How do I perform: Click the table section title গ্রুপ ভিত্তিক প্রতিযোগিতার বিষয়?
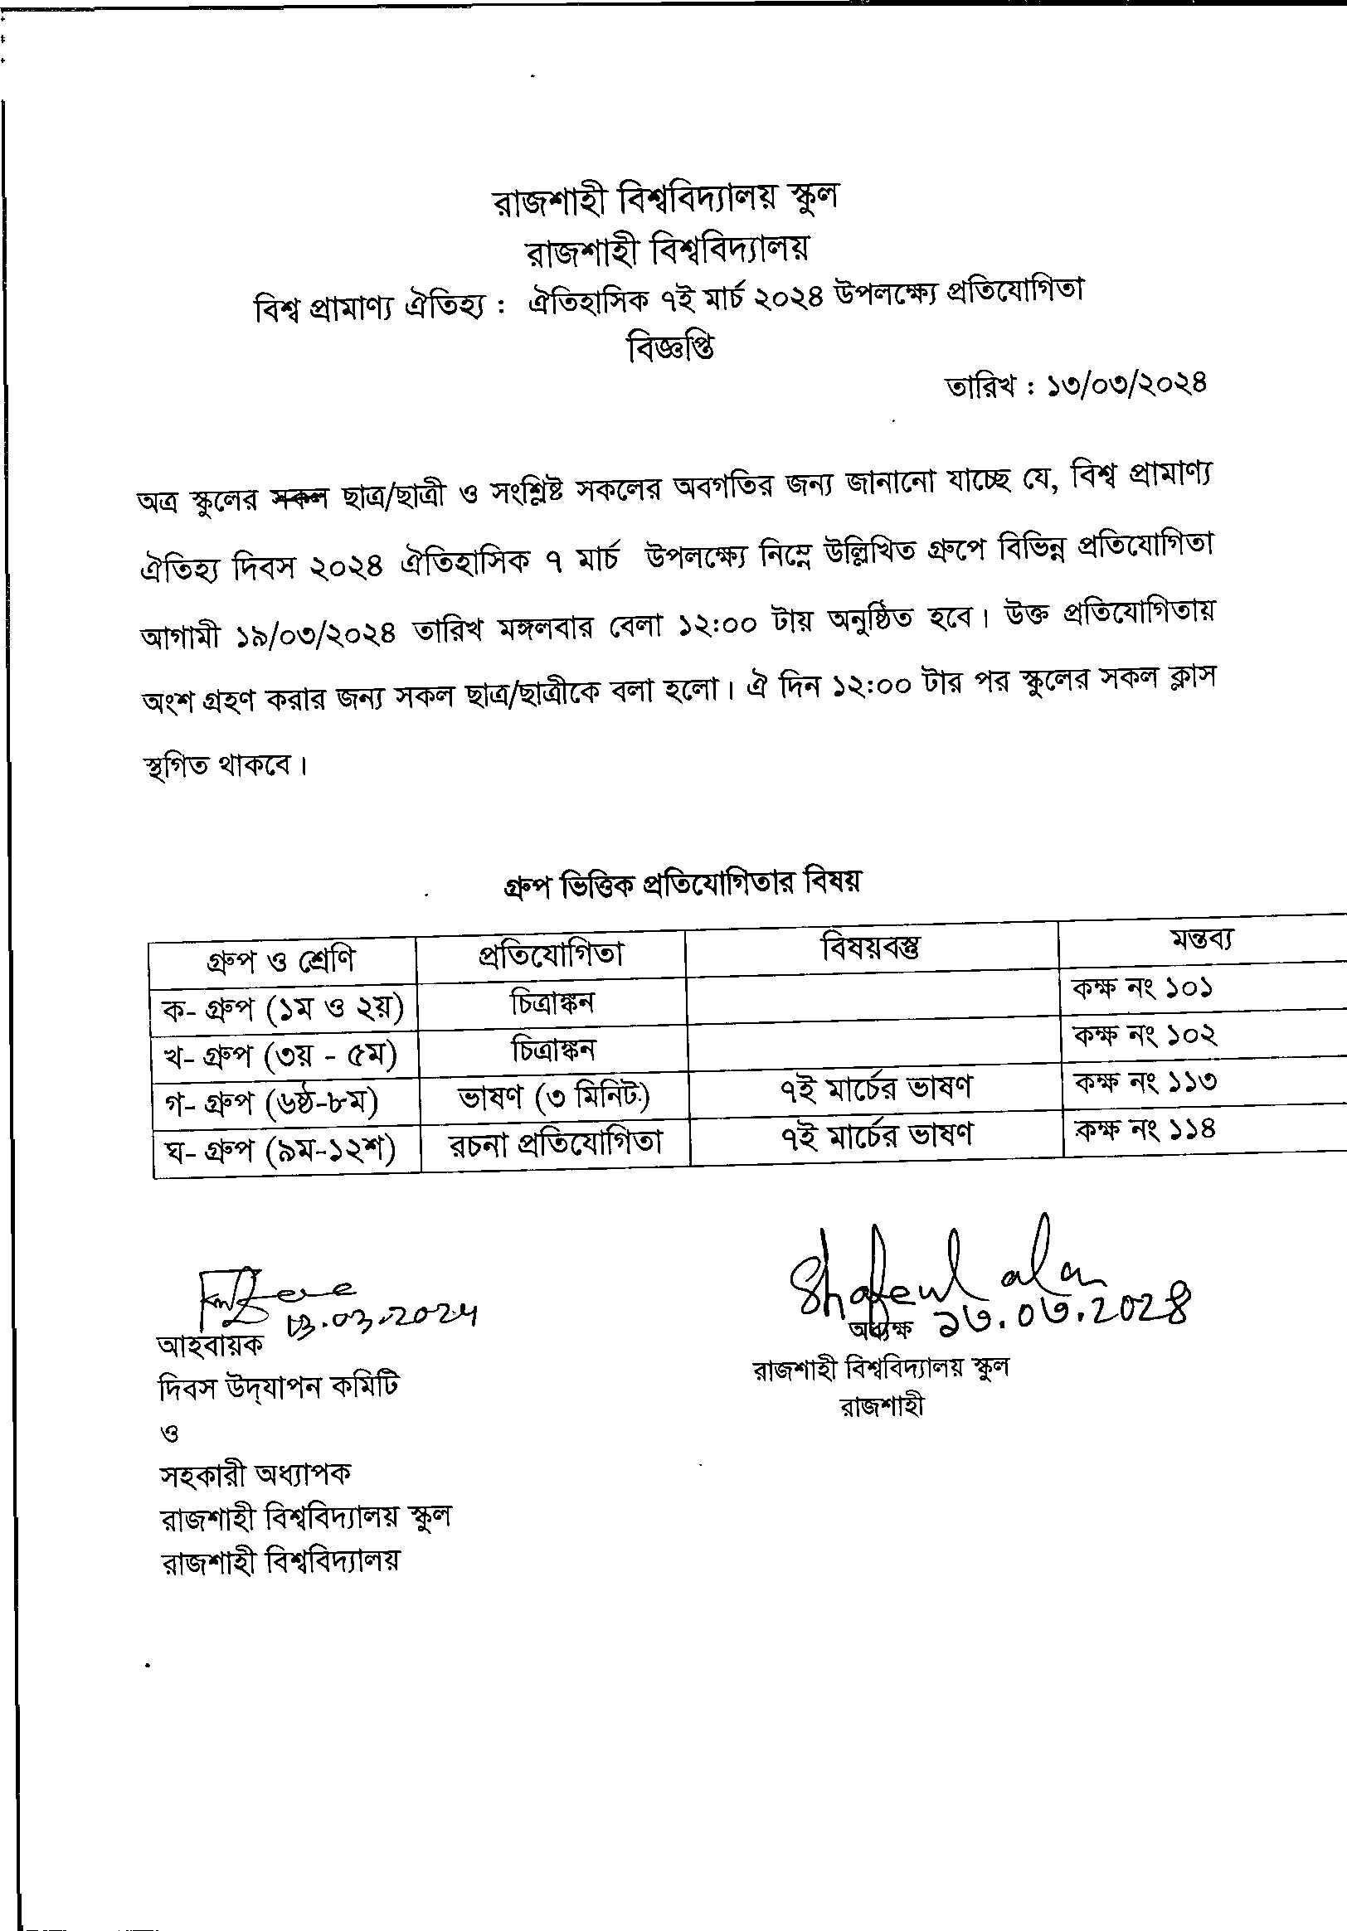pos(683,884)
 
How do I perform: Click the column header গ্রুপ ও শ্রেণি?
pos(281,958)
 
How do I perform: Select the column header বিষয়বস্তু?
pos(871,949)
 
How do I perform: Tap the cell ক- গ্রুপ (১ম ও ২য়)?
pos(283,1007)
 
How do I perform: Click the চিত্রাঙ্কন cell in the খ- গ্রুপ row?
pos(552,1050)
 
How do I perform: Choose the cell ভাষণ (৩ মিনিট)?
pos(553,1096)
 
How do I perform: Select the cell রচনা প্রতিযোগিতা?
pos(554,1143)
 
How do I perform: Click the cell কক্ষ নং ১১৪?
pos(1145,1128)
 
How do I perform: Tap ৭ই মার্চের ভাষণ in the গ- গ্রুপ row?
pos(876,1088)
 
